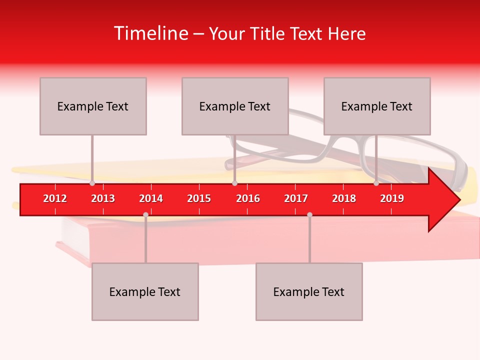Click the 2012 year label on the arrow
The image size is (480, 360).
tap(55, 198)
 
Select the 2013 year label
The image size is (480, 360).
tap(103, 198)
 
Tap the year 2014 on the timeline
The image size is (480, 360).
tap(151, 198)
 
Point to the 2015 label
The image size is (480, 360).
tap(199, 198)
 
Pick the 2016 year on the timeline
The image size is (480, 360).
tap(248, 198)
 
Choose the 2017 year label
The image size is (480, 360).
tap(296, 198)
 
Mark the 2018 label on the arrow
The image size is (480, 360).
tap(344, 198)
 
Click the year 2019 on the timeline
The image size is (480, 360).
tap(392, 198)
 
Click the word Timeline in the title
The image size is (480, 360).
tap(150, 33)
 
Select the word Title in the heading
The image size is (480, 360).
tap(269, 33)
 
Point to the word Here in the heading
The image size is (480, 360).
tap(346, 33)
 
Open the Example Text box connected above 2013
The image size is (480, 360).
tap(93, 106)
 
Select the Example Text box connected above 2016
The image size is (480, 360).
tap(235, 106)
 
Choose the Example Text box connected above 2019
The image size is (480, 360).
tap(377, 106)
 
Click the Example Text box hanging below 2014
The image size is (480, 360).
tap(145, 291)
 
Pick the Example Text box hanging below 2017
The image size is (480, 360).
tap(309, 291)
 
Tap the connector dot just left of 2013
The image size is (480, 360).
tap(92, 183)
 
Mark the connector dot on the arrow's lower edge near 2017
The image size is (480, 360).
tap(309, 214)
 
